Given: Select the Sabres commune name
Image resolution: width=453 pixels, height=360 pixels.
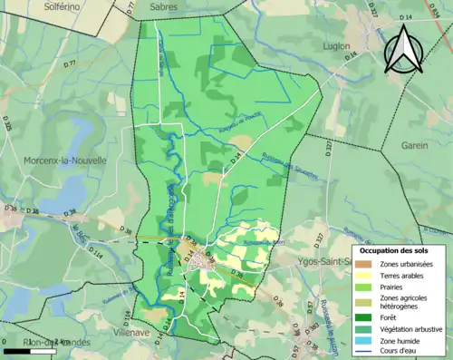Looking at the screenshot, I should (x=165, y=6).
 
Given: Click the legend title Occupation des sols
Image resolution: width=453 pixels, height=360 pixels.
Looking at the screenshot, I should (x=396, y=249).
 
